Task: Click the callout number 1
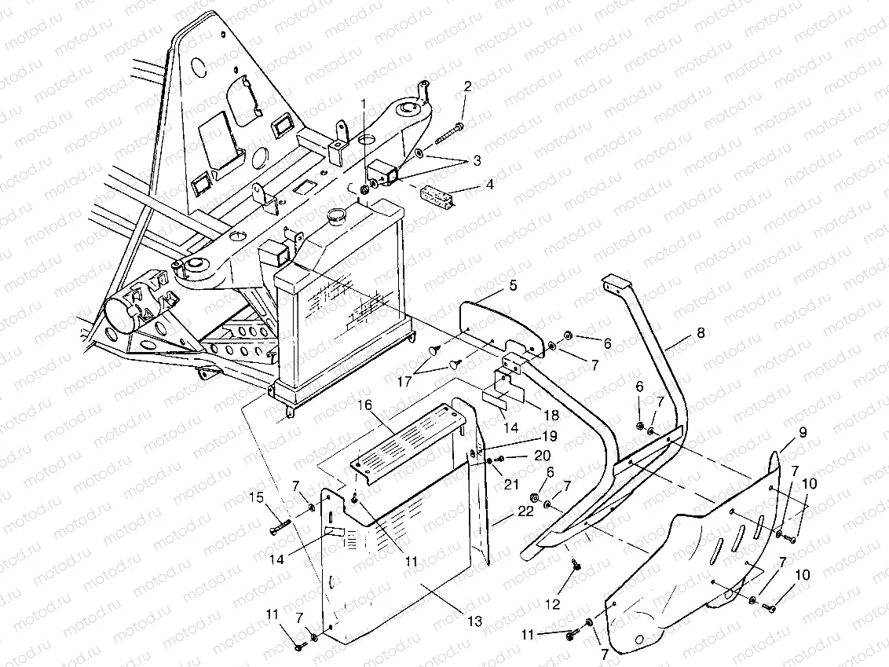click(363, 103)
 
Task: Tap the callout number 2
click(468, 86)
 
